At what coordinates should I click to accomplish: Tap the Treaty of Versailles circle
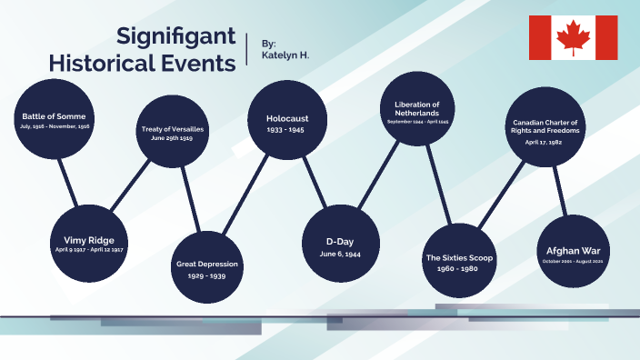(173, 133)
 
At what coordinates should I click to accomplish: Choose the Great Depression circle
(207, 266)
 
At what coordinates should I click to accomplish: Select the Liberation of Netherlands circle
(417, 107)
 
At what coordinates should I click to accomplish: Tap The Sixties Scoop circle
(459, 261)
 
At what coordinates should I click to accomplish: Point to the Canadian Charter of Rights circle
(545, 127)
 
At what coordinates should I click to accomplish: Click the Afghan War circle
(577, 252)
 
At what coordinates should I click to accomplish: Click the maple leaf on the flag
(573, 37)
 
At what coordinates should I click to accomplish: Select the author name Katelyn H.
(285, 56)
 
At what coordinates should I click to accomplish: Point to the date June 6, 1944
(339, 254)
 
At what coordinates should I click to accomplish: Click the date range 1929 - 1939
(207, 275)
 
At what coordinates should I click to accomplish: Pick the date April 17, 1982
(545, 143)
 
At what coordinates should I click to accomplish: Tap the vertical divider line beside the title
(247, 49)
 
